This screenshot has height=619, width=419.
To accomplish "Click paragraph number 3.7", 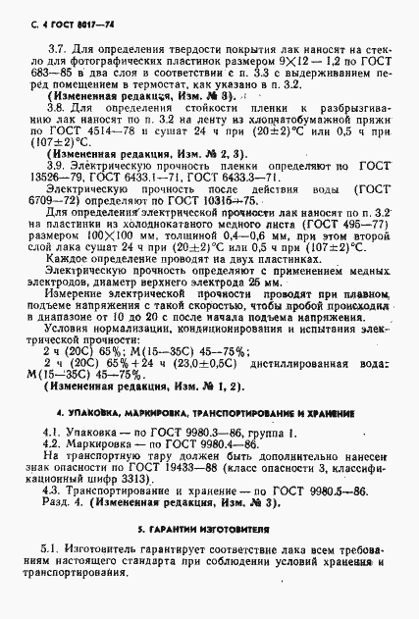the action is [x=57, y=47].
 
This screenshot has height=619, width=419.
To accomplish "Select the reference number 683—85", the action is [x=58, y=73].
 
